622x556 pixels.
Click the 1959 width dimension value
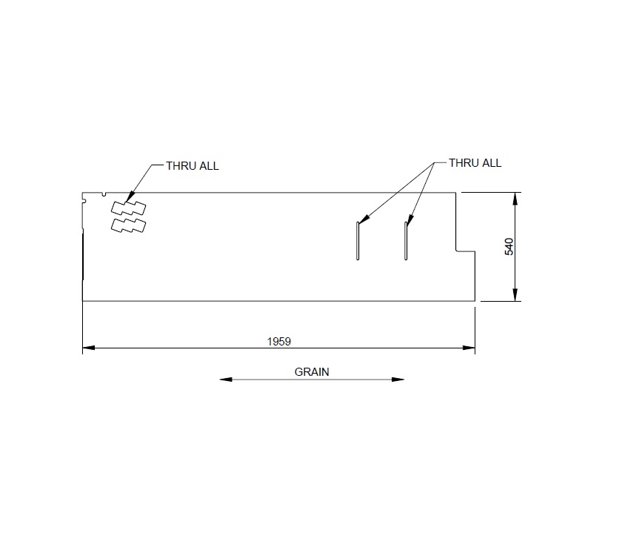278,341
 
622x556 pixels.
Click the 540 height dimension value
509,247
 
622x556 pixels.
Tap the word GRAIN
312,372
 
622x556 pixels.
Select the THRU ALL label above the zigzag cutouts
193,166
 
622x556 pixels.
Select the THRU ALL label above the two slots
475,163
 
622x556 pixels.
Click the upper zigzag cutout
128,208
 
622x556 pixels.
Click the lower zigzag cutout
128,224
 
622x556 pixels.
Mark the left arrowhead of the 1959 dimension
87,347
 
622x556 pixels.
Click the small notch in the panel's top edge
104,195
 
